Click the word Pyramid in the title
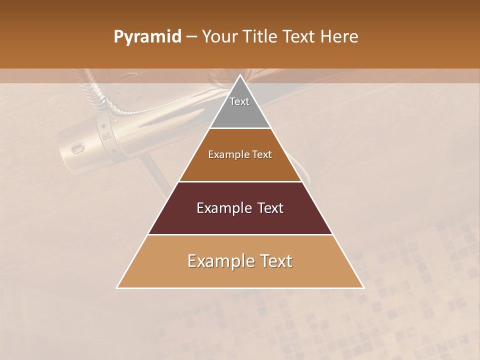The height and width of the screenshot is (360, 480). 147,37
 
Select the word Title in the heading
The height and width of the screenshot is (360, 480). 260,36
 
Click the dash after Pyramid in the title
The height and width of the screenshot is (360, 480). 191,37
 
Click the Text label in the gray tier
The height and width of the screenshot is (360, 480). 239,101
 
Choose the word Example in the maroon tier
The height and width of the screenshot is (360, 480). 223,208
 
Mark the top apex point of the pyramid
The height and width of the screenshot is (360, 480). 240,75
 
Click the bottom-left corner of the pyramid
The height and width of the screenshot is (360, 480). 117,288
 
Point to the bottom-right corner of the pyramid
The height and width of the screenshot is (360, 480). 363,288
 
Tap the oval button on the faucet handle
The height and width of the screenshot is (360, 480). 77,148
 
